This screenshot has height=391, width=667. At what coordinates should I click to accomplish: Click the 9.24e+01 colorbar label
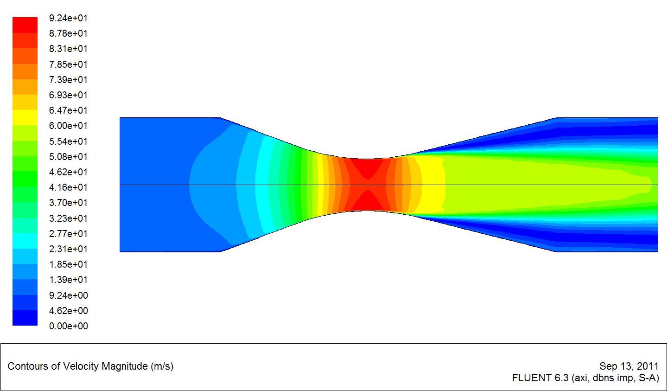click(x=68, y=18)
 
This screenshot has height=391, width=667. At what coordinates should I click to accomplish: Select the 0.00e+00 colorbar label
click(x=68, y=326)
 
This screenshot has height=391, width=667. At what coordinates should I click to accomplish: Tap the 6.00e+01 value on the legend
click(x=68, y=126)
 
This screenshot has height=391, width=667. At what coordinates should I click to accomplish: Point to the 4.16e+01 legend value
click(x=68, y=187)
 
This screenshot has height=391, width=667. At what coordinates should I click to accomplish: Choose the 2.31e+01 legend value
click(x=68, y=249)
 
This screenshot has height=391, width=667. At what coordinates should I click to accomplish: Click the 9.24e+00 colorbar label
click(x=68, y=295)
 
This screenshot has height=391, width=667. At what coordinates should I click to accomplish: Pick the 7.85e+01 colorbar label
click(x=68, y=64)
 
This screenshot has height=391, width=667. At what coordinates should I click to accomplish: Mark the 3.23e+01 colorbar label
click(x=68, y=218)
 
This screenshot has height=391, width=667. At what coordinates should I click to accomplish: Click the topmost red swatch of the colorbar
click(x=25, y=25)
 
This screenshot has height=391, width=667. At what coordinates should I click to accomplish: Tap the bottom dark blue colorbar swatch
click(x=25, y=318)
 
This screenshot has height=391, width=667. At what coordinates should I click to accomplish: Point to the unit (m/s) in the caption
click(x=162, y=366)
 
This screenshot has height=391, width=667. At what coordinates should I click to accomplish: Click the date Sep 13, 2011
click(x=629, y=366)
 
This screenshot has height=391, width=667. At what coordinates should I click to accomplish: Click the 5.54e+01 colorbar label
click(x=68, y=141)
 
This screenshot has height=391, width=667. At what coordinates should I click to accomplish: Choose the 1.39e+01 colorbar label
click(x=68, y=280)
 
